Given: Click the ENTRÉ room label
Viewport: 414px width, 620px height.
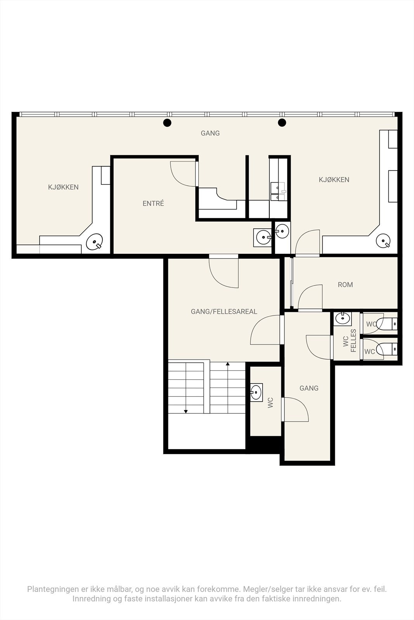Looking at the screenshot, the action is click(153, 203).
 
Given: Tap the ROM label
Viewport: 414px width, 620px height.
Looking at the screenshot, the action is click(345, 284).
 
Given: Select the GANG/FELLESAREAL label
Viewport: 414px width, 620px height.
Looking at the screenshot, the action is click(224, 312).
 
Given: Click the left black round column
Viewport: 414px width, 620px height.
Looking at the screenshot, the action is click(167, 122).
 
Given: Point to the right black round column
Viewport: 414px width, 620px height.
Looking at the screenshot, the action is click(282, 122).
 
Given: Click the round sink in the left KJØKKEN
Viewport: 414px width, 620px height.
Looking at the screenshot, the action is click(95, 242).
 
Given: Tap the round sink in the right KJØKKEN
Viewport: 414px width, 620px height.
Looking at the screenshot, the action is click(383, 241).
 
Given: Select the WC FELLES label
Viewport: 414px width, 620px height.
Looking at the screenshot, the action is click(350, 341).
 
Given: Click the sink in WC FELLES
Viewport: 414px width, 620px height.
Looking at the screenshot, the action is click(343, 319).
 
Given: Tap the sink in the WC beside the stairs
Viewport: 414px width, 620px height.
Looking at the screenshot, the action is click(256, 393).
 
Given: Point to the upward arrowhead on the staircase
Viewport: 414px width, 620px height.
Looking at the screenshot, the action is click(228, 364).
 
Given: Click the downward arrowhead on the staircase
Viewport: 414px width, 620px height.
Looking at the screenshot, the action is click(186, 412).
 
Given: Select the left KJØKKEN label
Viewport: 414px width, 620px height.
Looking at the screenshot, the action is click(63, 187).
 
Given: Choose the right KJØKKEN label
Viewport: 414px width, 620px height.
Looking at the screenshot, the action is click(334, 180).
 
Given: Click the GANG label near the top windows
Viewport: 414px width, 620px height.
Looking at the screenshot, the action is click(210, 133).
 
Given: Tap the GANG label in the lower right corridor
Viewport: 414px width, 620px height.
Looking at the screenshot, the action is click(309, 388).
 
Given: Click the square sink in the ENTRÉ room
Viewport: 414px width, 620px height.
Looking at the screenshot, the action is click(262, 238).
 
